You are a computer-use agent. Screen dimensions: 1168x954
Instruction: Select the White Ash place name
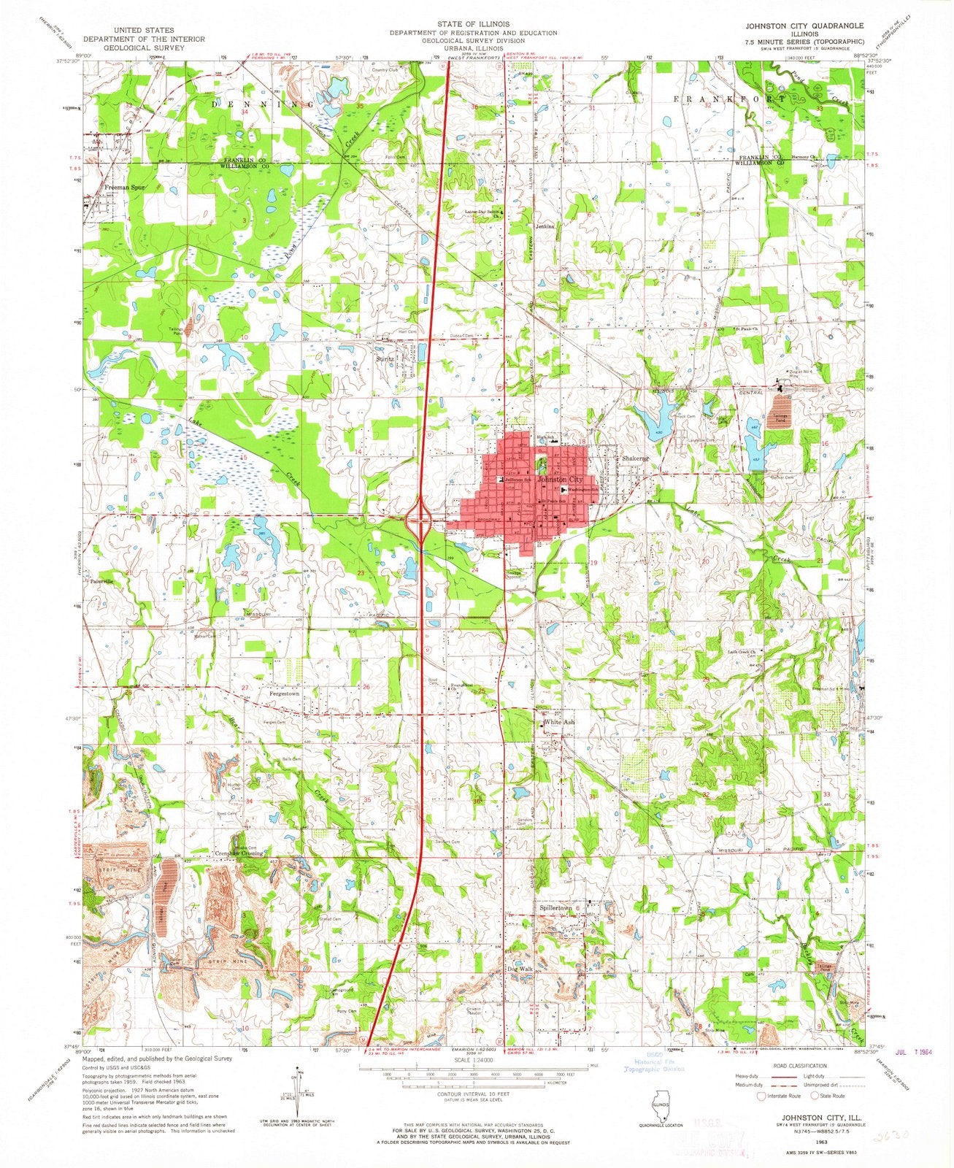click(x=559, y=723)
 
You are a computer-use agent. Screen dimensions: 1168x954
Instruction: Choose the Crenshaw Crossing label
click(x=239, y=853)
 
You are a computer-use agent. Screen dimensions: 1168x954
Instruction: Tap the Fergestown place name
click(x=285, y=693)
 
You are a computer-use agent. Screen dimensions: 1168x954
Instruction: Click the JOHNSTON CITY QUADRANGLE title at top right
click(x=804, y=25)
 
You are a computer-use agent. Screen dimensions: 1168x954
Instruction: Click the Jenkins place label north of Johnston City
click(x=545, y=226)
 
